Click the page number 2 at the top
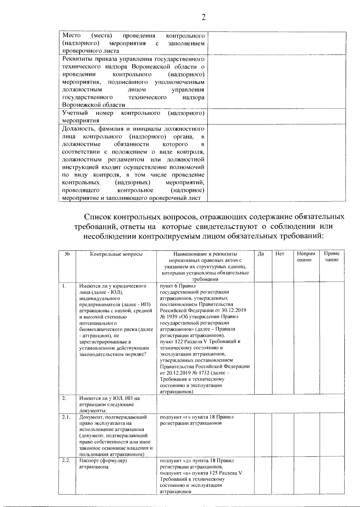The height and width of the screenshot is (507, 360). pyautogui.click(x=204, y=18)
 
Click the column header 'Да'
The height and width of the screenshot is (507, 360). pyautogui.click(x=261, y=254)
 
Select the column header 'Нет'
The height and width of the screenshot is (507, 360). pyautogui.click(x=280, y=254)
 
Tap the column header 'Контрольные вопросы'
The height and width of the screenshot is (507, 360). pyautogui.click(x=116, y=254)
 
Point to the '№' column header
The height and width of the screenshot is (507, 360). pyautogui.click(x=67, y=254)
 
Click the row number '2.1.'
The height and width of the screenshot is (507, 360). pyautogui.click(x=66, y=417)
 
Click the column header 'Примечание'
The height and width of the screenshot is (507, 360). pyautogui.click(x=332, y=257)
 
